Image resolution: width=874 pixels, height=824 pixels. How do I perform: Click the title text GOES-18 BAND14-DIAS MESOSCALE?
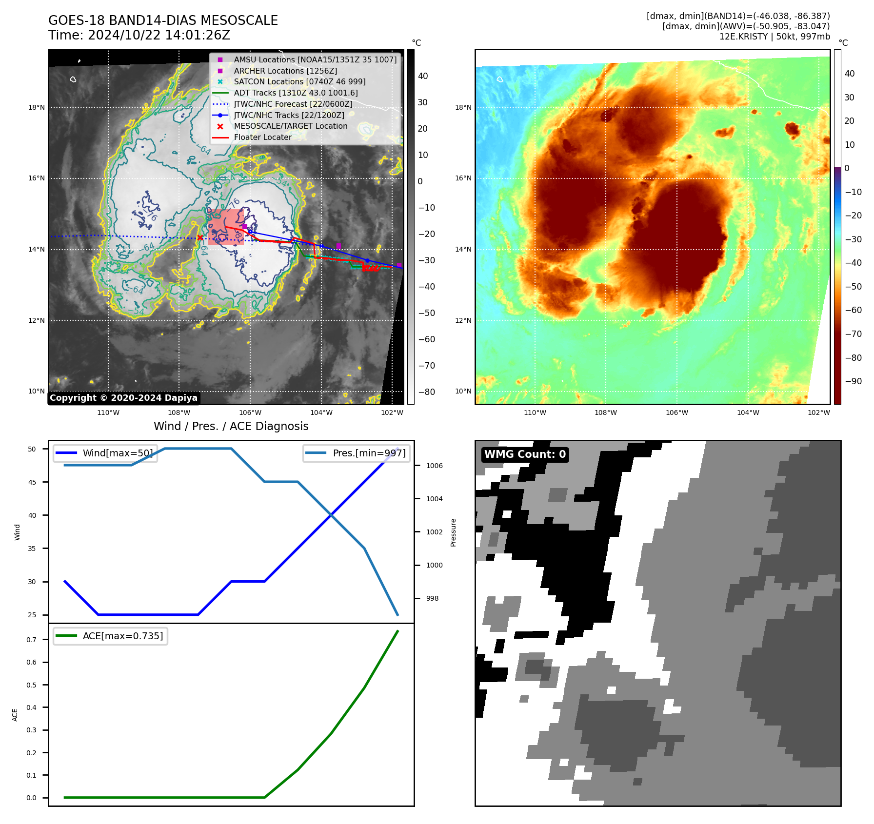163,20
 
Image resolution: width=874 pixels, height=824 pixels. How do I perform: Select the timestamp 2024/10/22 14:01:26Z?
159,35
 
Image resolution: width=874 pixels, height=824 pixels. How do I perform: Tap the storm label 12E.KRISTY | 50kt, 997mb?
775,37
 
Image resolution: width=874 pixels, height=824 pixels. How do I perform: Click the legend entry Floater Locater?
262,137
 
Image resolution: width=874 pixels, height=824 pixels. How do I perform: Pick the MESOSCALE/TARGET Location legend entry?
290,126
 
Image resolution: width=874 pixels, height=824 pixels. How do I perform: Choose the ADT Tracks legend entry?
296,93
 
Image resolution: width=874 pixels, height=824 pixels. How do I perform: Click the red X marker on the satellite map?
200,237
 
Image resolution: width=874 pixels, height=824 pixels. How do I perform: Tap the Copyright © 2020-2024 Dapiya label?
123,398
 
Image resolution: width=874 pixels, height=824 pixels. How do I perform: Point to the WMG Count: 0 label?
525,454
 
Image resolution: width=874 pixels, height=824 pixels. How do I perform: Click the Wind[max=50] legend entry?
118,453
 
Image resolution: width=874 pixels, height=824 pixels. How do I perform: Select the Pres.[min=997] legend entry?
369,453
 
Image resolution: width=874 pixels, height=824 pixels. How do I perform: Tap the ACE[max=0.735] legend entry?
122,636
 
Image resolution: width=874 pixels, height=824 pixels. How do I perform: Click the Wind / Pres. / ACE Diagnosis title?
231,426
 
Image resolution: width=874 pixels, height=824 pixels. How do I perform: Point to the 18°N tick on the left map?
37,107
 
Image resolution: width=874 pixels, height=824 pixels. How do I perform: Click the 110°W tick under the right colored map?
535,412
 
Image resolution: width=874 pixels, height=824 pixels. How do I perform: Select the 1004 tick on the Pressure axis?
434,499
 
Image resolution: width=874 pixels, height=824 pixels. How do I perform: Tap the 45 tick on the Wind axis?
32,482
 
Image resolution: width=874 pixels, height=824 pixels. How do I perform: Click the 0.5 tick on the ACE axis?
32,685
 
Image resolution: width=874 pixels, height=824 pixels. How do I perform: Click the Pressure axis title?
454,532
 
